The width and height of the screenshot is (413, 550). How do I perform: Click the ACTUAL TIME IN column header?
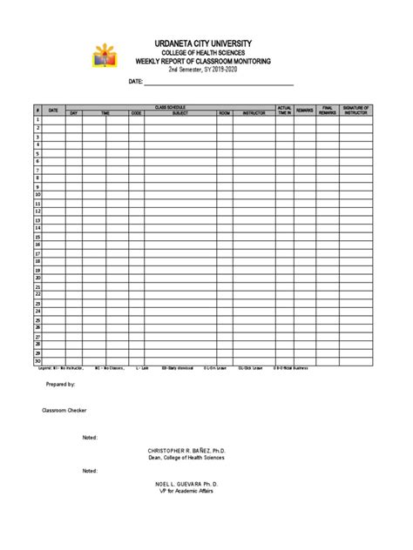[284, 111]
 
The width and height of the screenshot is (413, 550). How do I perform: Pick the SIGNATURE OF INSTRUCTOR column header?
[356, 111]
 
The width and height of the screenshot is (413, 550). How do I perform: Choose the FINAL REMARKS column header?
[328, 111]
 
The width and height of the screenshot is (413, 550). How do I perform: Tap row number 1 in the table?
[38, 120]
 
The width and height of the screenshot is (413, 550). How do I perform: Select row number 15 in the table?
[38, 237]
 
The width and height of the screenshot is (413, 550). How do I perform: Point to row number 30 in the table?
[38, 361]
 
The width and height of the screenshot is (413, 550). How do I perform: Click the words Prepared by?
[60, 384]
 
